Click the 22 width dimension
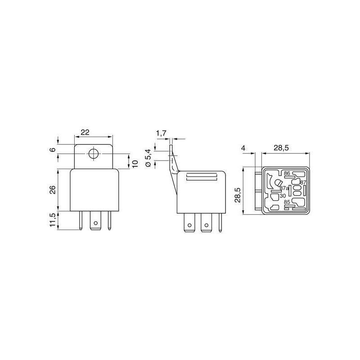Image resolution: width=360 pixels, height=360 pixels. [85, 132]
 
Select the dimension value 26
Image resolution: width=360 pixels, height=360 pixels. [53, 190]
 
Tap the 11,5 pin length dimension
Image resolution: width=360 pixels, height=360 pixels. [53, 220]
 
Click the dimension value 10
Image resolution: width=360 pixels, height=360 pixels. [135, 161]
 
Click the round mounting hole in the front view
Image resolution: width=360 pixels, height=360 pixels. [93, 154]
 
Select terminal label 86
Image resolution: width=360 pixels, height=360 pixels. [287, 173]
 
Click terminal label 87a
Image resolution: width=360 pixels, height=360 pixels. [284, 188]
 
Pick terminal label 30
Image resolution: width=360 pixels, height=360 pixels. [283, 196]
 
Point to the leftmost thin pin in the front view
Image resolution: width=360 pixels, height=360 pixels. [80, 220]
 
